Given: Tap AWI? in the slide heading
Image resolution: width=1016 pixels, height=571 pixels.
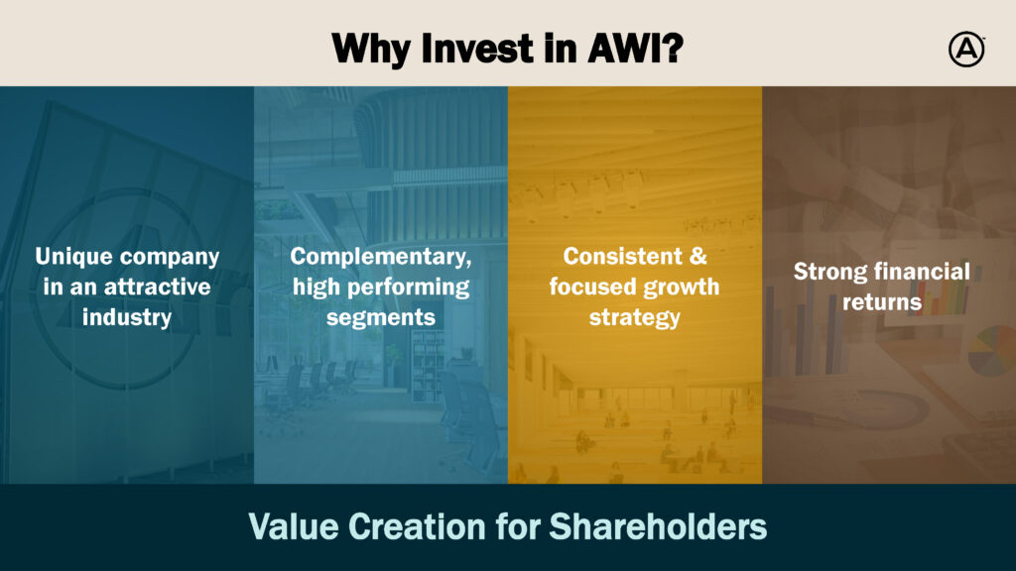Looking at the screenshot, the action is coord(635,49).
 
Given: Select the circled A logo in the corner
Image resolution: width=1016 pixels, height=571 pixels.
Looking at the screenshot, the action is coord(966,50).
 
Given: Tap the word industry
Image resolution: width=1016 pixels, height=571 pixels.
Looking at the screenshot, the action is coord(127,317).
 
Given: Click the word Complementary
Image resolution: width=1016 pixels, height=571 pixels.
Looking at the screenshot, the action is coord(380,257).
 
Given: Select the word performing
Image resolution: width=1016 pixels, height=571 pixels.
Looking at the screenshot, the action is coord(408,287).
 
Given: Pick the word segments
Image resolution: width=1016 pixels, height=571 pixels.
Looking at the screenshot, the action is coord(380,318).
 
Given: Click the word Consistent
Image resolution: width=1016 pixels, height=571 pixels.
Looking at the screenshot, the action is coord(623,257).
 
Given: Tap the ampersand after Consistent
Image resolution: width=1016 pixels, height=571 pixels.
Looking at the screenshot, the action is coord(698,257).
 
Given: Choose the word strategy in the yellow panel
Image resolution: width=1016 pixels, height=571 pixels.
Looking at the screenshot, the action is coord(634,318).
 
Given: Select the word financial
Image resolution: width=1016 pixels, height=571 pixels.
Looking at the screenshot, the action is coord(918,272).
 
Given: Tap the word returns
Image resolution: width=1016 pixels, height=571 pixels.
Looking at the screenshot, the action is coord(882,302).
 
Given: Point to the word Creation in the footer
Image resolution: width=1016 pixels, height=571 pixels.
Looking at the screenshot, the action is coord(417,526).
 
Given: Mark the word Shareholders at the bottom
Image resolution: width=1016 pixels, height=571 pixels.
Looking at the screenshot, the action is coord(658,526).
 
